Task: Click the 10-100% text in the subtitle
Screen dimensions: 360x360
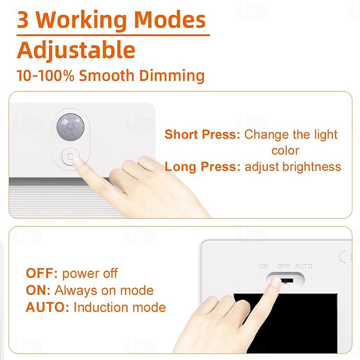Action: click(45, 75)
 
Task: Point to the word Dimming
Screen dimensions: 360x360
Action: click(172, 76)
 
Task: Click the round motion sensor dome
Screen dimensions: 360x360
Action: click(71, 127)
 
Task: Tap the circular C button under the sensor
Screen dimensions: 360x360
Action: click(70, 157)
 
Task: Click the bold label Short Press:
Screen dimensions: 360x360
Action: click(202, 134)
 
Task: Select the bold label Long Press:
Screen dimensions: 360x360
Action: click(202, 166)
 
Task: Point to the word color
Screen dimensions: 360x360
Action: click(285, 151)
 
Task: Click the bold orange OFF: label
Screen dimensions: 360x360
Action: click(41, 274)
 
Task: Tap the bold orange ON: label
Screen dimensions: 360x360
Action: click(38, 290)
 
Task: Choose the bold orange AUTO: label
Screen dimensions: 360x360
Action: click(47, 307)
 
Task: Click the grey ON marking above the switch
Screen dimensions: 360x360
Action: click(263, 266)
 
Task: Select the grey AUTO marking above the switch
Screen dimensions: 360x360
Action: click(303, 266)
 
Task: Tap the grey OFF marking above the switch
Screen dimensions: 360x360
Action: click(283, 266)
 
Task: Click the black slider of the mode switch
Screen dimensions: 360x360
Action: click(287, 280)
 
